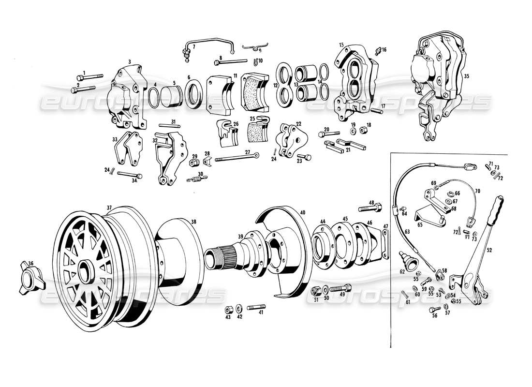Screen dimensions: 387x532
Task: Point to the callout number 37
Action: pyautogui.click(x=109, y=208)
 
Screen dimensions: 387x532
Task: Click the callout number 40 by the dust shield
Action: pyautogui.click(x=303, y=212)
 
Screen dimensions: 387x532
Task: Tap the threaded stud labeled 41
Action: pyautogui.click(x=257, y=307)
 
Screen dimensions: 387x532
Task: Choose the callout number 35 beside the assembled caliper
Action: pyautogui.click(x=466, y=76)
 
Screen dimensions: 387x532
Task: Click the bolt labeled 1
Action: pyautogui.click(x=92, y=77)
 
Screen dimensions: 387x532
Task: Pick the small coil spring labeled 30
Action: pyautogui.click(x=195, y=179)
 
